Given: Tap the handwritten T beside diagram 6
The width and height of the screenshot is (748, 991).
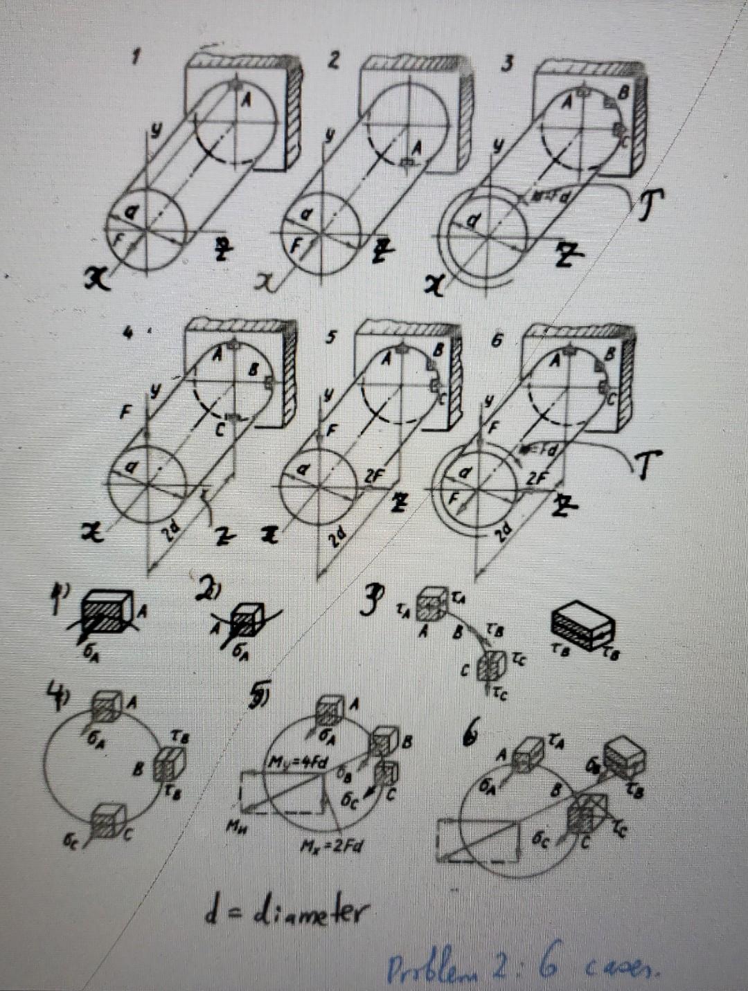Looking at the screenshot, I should (x=649, y=462).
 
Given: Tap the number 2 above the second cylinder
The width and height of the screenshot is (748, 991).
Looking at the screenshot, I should (x=334, y=61).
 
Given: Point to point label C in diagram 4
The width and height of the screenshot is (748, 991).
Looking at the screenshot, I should (x=219, y=430).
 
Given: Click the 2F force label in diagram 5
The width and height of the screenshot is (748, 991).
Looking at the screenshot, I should (x=375, y=478).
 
